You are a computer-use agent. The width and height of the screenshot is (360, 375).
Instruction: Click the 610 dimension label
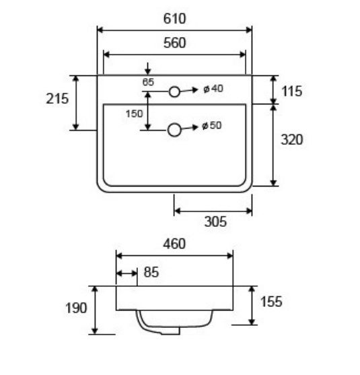tap(174, 19)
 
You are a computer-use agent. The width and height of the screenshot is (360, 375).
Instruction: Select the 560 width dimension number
tap(174, 43)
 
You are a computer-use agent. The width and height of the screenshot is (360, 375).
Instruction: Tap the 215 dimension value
tap(57, 98)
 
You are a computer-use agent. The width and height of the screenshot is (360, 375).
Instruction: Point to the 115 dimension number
tap(292, 92)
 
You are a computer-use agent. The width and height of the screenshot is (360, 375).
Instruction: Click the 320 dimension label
tap(292, 139)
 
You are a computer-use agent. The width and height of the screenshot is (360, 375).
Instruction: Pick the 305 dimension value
tap(215, 221)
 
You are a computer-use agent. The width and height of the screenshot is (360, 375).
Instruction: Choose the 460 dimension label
tap(174, 244)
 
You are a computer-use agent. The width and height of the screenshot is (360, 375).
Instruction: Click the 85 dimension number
tap(151, 272)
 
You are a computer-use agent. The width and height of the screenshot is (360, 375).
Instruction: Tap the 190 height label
tap(76, 308)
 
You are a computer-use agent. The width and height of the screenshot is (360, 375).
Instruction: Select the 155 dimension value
tap(271, 302)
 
